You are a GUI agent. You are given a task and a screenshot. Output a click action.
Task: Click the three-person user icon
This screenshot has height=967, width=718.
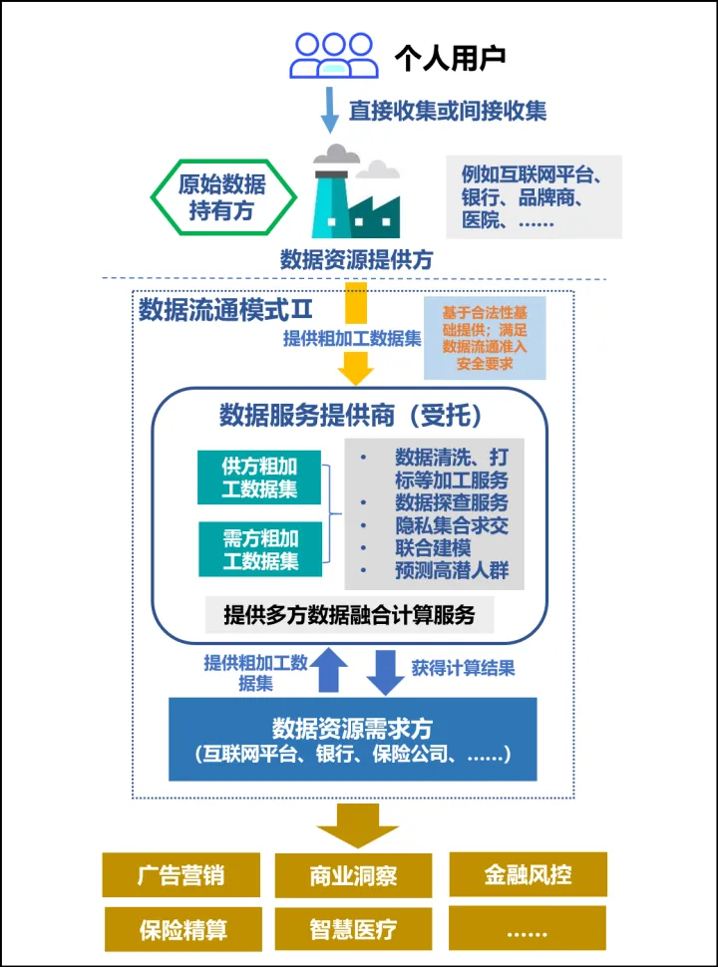pos(334,55)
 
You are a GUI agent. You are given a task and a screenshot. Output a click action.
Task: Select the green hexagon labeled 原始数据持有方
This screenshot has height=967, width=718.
pos(222,196)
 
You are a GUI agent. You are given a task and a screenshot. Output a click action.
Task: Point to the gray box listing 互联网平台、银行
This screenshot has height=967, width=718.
pos(535,196)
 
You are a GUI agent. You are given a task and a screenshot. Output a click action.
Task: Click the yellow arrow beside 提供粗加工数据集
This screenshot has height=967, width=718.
pos(355,334)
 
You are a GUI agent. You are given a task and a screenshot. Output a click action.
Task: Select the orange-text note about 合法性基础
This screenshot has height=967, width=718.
pos(485,338)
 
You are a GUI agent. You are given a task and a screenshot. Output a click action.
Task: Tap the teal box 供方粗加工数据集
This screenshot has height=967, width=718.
pos(260,478)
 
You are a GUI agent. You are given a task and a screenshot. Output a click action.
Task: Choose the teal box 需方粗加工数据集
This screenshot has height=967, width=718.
pos(260,549)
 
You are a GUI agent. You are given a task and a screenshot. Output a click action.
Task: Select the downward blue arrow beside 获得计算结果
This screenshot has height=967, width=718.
pos(385,672)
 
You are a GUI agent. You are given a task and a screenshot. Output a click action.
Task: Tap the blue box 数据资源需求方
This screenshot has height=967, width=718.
pos(352,739)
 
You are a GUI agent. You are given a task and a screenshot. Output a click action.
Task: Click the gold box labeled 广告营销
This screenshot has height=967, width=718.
pos(181,875)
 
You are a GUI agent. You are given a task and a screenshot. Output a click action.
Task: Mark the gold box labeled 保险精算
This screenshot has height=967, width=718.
pos(182,930)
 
